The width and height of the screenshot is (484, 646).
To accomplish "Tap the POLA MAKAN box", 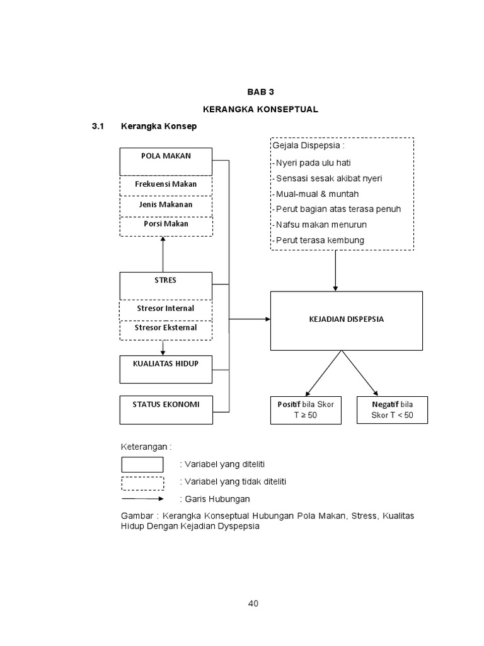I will click(166, 161).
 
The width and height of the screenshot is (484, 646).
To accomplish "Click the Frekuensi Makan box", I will click(166, 184).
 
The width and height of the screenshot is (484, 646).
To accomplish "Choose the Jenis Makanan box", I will click(166, 204).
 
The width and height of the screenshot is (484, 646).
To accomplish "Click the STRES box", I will click(166, 286).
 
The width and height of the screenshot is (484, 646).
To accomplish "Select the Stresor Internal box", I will click(166, 308).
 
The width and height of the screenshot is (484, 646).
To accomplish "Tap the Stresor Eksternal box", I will click(166, 328).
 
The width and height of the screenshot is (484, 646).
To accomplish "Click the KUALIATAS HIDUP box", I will click(166, 368).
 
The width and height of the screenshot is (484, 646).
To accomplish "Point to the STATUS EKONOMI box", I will click(166, 409).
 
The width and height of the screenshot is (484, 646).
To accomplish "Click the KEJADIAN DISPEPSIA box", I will click(346, 320).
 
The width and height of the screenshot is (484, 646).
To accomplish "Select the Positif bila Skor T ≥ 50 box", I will click(305, 410).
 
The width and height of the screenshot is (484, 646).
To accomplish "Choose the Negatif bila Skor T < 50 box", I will click(391, 410).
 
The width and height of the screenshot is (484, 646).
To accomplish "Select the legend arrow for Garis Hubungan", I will click(142, 498).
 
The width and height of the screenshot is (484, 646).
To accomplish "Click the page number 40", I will click(253, 604).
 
